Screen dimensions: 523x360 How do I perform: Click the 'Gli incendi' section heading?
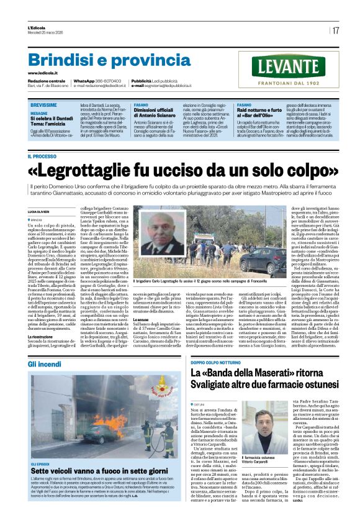click(48, 363)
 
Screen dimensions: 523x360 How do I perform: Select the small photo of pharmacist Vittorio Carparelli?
click(256, 421)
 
